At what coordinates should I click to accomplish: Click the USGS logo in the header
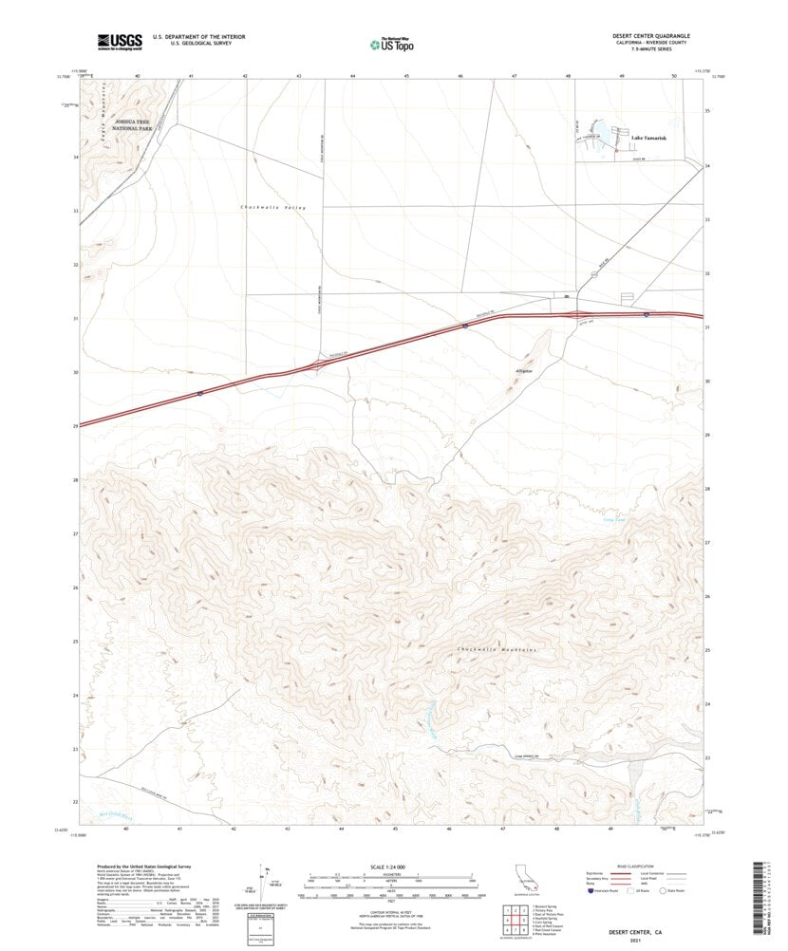click(119, 41)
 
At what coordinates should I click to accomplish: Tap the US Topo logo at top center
click(392, 43)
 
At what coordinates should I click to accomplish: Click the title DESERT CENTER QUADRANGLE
click(650, 35)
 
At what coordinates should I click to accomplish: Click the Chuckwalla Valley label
click(272, 207)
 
